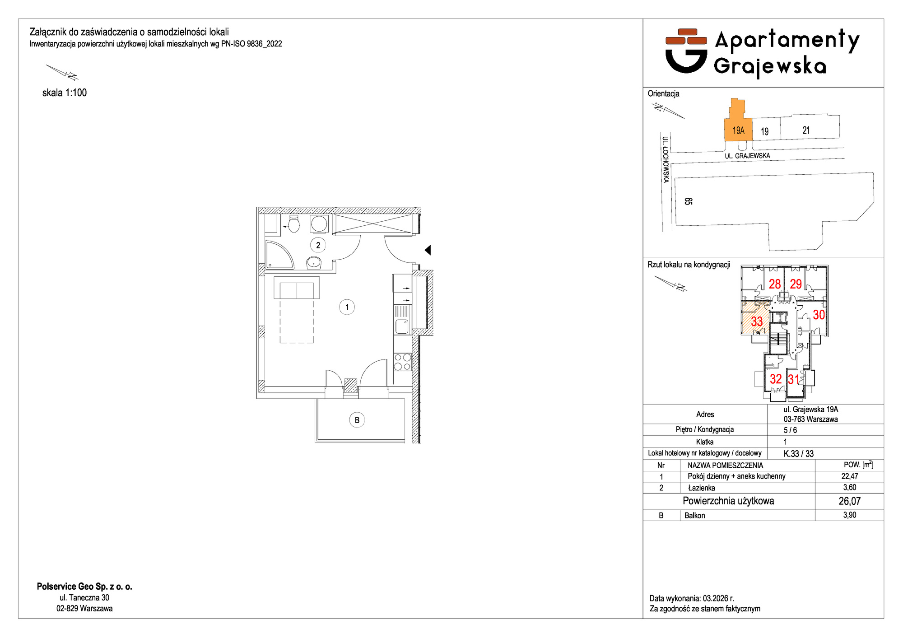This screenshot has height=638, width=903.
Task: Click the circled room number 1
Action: (x=347, y=307)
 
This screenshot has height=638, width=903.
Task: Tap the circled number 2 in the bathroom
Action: (x=318, y=245)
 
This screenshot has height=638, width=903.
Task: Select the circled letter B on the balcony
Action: (x=357, y=420)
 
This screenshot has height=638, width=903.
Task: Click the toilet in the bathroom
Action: (x=293, y=224)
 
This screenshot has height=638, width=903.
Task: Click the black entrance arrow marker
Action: (x=428, y=250)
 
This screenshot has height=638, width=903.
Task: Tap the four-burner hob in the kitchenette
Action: (x=402, y=362)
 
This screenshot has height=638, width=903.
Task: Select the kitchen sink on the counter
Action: (x=402, y=326)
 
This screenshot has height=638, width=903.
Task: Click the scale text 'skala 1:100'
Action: (x=65, y=93)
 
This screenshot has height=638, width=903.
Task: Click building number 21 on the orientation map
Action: (x=806, y=130)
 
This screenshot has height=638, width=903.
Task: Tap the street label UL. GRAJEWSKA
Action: (x=747, y=156)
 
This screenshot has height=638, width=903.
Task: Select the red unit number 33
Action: (x=757, y=321)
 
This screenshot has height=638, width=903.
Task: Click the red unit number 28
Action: (x=775, y=284)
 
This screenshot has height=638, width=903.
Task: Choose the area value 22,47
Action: (x=850, y=476)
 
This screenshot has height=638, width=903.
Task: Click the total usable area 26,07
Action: (x=850, y=501)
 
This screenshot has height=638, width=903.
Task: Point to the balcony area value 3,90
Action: (x=850, y=515)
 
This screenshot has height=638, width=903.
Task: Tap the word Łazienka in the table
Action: (x=701, y=488)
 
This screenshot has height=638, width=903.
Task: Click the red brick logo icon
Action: (x=686, y=37)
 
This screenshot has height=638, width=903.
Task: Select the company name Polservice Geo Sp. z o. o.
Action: (x=84, y=587)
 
